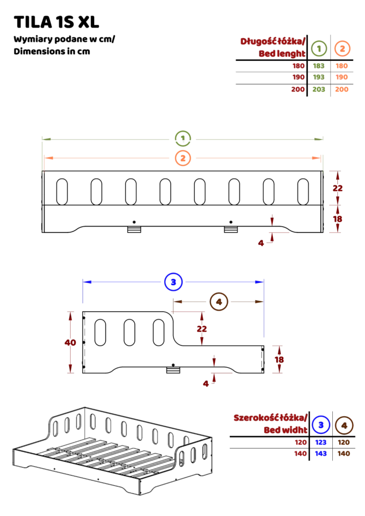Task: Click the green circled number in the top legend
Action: coord(319,48)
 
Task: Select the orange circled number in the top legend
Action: coord(342,48)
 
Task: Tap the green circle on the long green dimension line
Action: coord(182,138)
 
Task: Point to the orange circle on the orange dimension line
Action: coord(183,158)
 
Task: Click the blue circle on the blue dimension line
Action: coord(173,282)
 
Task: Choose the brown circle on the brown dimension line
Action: coord(219,302)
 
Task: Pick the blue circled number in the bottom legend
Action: coord(321,425)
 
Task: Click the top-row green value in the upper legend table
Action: coord(319,66)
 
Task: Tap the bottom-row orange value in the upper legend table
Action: coord(342,89)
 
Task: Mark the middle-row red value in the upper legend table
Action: coord(298,77)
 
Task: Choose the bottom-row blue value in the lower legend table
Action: coord(321,454)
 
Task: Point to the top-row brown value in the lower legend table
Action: coord(344,443)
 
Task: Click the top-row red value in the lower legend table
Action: coord(301,443)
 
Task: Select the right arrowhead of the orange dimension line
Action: coord(318,158)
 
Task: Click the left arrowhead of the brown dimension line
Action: coord(174,302)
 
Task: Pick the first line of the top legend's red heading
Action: coord(272,41)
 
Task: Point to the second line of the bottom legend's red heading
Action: coord(285,431)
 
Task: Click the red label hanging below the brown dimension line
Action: coord(202,329)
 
